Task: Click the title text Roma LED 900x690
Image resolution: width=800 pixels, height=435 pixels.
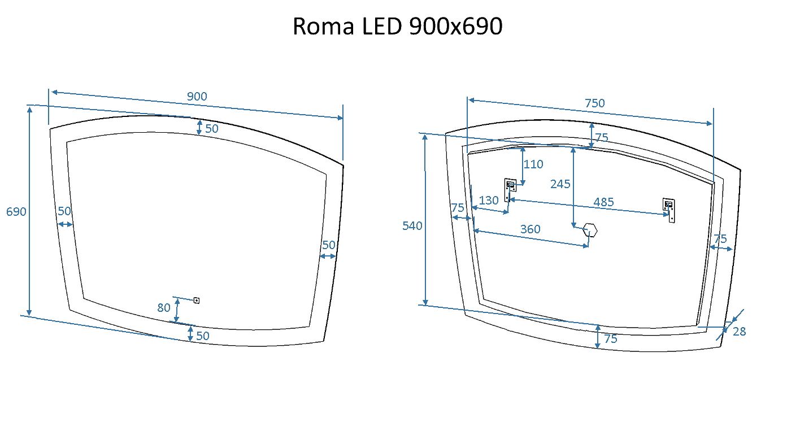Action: coord(397,27)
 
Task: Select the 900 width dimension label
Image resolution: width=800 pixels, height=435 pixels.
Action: coord(197,97)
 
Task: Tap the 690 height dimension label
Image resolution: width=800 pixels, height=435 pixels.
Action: coord(16,212)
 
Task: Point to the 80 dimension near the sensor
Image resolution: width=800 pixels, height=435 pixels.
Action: coord(164,308)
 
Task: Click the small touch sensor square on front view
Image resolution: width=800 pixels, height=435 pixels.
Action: coord(197,300)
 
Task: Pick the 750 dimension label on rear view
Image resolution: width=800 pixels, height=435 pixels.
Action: coord(594,103)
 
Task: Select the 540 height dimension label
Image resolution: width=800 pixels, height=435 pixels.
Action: coord(412,226)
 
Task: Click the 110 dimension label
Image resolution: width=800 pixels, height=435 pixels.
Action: coord(533,164)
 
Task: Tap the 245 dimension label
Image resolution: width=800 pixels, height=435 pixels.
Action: coord(560,184)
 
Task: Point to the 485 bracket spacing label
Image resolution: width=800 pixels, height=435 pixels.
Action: coord(603,202)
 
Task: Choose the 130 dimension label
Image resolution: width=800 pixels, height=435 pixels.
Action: coord(489,201)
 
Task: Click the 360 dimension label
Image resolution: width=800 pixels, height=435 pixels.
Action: coord(530,229)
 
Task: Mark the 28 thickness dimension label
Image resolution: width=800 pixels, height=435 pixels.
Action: coord(739,332)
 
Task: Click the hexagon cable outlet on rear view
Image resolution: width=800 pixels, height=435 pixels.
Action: coord(590,230)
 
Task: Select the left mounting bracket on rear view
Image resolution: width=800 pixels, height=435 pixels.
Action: coord(510,189)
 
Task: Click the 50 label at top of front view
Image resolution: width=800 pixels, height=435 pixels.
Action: coord(212,129)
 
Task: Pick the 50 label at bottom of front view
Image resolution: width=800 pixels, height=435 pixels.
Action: coord(203,336)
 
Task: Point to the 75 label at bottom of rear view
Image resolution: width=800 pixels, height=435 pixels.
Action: coord(611,339)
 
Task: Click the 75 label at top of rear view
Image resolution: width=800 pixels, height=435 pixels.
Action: coord(602,137)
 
